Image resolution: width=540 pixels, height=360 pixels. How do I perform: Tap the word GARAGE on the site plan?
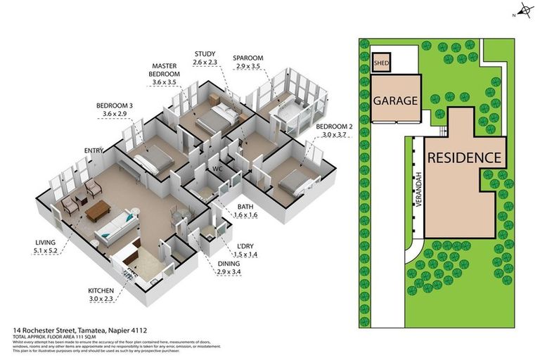[395, 101]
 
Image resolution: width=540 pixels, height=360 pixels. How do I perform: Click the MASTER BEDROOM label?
[165, 70]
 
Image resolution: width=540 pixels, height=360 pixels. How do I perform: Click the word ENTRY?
[94, 150]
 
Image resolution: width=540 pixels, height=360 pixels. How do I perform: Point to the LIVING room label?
[45, 242]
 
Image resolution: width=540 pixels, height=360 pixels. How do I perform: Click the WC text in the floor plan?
[218, 169]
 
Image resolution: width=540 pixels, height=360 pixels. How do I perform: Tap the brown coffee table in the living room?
[97, 209]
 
